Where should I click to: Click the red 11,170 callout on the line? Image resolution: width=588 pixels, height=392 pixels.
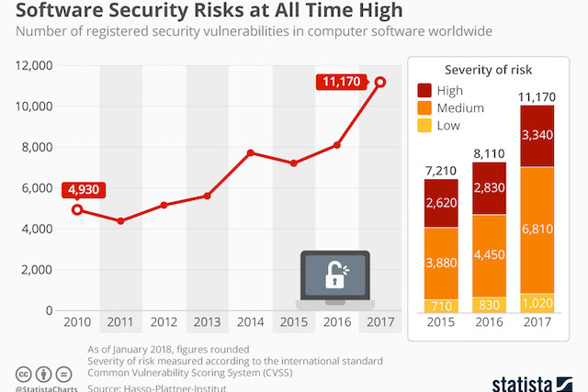tap(343, 82)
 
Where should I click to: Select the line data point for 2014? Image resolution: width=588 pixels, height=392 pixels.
tap(251, 153)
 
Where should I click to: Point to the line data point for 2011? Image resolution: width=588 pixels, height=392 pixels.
tap(120, 221)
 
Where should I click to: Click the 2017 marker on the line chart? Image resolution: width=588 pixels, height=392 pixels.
tap(380, 83)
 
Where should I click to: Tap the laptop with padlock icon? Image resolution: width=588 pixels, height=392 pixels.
tap(334, 277)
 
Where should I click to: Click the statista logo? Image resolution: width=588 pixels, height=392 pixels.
tap(533, 378)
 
